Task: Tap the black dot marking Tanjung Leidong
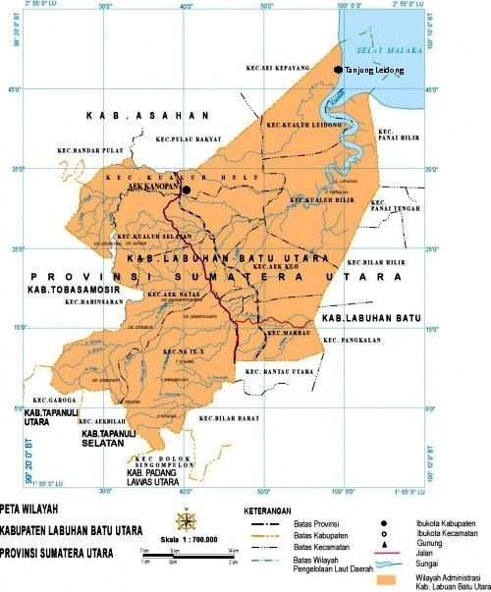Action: point(339,70)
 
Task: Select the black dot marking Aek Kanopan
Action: point(186,190)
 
